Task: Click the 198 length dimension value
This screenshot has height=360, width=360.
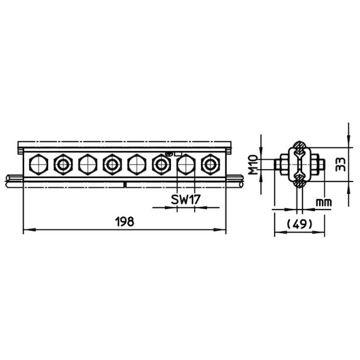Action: point(125,222)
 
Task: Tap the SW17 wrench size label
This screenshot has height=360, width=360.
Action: point(186,199)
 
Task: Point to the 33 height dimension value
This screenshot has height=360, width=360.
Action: point(340,164)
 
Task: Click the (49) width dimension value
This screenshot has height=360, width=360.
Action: point(300,224)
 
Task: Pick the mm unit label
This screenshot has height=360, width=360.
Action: point(324,203)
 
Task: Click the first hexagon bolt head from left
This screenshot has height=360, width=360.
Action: point(39,164)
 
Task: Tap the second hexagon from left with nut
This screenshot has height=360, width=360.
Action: point(63,164)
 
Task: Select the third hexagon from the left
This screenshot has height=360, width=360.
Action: point(88,164)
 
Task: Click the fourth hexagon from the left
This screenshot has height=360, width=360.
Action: point(112,164)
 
